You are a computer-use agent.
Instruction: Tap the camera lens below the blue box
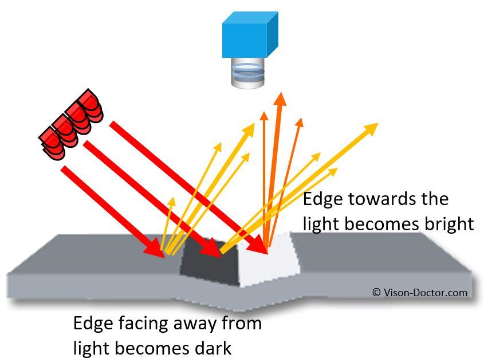tap(247, 75)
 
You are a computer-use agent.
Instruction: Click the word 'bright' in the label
tap(444, 224)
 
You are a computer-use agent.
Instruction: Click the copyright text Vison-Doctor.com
tap(419, 293)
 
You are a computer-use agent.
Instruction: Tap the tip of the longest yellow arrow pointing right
tap(375, 125)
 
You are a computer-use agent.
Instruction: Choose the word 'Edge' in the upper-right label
tap(322, 199)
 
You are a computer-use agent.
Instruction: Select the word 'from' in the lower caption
tap(242, 324)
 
